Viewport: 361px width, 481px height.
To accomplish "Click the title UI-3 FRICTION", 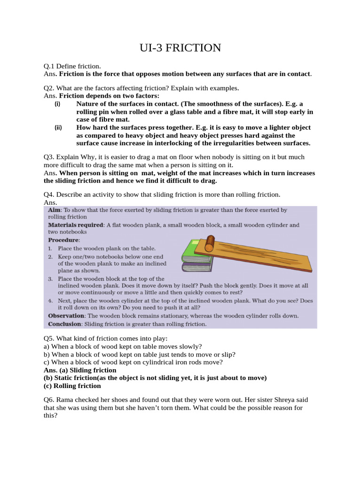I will [180, 48].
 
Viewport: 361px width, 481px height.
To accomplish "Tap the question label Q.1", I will [49, 67].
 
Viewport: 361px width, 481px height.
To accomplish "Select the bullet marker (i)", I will [57, 104].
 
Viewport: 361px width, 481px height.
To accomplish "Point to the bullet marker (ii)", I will [58, 128].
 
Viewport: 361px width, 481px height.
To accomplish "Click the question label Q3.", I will [48, 157].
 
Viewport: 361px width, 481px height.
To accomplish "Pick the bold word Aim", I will [55, 210].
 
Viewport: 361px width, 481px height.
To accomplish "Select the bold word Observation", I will [66, 316].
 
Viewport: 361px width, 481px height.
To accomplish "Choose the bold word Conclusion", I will [65, 324].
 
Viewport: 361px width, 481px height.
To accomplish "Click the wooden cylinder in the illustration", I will [209, 244].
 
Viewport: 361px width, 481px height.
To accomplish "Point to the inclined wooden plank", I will [263, 256].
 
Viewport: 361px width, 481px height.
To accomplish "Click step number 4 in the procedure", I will [50, 300].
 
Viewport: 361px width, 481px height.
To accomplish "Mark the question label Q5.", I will [48, 338].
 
